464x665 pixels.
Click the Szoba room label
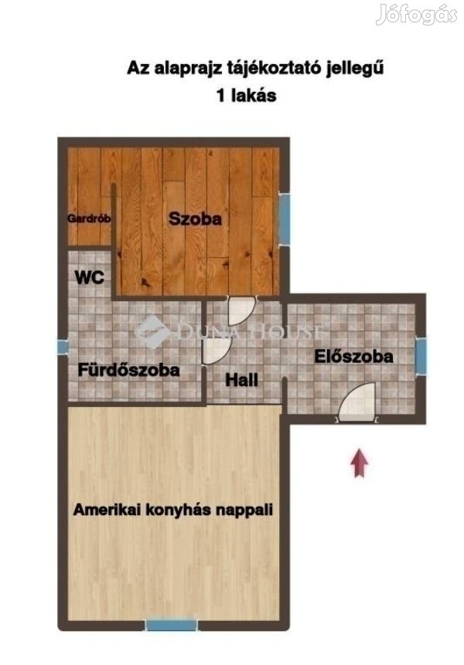[x=195, y=219]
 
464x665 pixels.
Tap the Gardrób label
[x=89, y=219]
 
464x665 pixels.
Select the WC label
[x=89, y=277]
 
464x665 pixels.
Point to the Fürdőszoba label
[x=128, y=370]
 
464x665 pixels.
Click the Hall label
[x=241, y=379]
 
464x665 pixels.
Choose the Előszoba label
[x=353, y=356]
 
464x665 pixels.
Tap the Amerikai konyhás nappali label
[x=172, y=509]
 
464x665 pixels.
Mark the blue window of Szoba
[x=285, y=219]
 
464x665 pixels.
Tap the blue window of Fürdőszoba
[x=63, y=347]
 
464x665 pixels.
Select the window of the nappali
[x=172, y=625]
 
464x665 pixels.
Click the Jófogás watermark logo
[x=417, y=15]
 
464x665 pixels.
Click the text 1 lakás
[x=246, y=95]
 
